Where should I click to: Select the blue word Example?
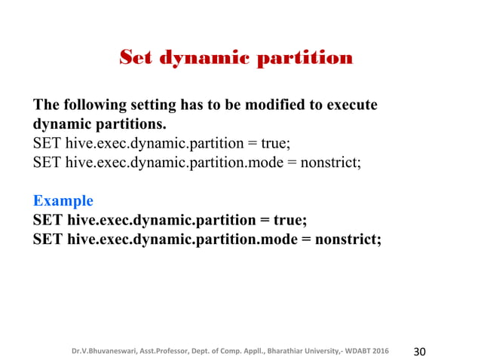point(63,201)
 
